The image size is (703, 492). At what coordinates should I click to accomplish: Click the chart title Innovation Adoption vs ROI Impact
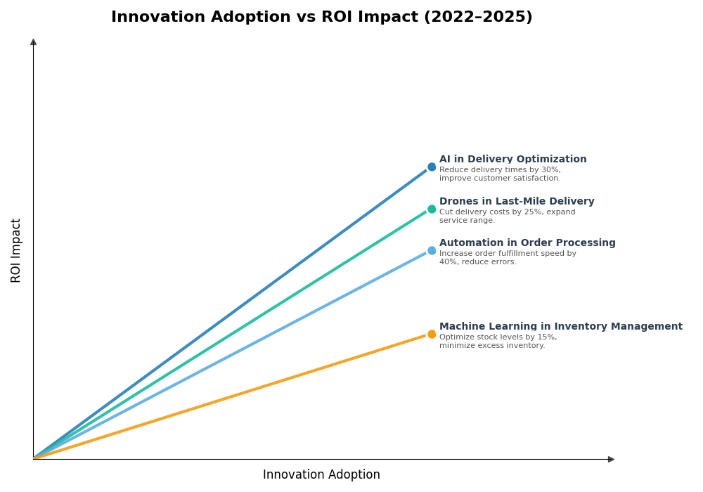point(321,18)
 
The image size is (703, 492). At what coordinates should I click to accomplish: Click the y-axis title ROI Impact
point(16,250)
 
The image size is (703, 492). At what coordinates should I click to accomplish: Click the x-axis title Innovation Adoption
point(321,475)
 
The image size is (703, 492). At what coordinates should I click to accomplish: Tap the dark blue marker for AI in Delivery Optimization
point(432,167)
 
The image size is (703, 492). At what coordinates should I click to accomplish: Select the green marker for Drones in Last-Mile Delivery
point(432,209)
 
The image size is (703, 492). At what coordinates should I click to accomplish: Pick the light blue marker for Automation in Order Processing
point(432,251)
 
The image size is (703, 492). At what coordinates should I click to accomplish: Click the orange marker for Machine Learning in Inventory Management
point(432,335)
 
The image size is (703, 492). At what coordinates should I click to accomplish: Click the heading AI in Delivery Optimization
point(512,160)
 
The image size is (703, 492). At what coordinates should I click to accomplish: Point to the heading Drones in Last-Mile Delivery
point(517,202)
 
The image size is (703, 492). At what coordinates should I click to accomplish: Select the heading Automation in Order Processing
point(527,243)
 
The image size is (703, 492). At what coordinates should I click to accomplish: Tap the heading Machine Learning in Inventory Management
point(560,327)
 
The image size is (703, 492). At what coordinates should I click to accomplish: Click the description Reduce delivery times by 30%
point(500,174)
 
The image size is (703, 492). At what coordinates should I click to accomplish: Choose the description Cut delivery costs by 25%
point(507,216)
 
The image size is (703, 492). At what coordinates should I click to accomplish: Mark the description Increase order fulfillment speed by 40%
point(508,258)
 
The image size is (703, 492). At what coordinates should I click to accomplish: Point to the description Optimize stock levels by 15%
point(498,342)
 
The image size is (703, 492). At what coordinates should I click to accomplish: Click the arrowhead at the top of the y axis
point(33,42)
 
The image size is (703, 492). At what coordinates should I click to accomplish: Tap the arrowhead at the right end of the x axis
point(611,459)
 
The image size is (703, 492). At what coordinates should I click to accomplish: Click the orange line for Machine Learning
point(232,397)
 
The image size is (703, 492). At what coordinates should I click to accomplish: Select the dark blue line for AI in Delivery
point(232,313)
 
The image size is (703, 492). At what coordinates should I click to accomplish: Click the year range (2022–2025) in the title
point(477,18)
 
